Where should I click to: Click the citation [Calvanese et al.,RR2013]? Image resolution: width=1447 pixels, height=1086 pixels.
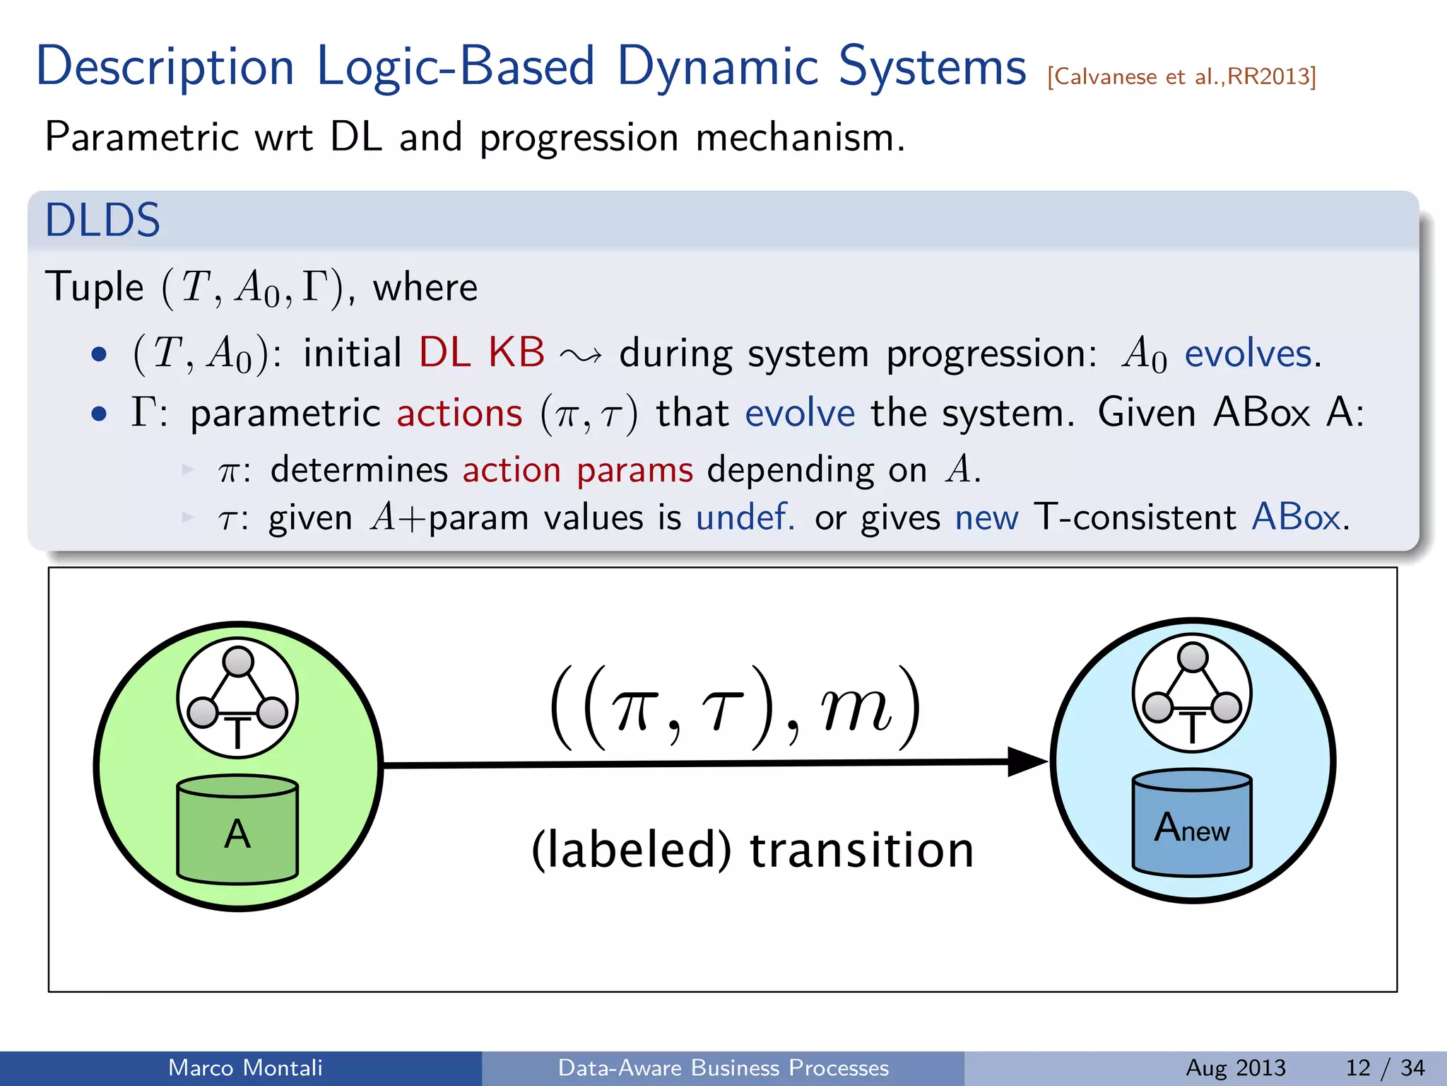tap(1181, 76)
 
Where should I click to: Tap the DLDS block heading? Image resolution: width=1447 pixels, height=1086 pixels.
tap(102, 220)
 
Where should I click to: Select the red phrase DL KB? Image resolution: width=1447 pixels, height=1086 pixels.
tap(482, 352)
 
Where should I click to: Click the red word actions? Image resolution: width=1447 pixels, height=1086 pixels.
tap(459, 413)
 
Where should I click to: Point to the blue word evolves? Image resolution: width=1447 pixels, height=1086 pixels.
tap(1248, 354)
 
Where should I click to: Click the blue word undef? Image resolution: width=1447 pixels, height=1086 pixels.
tap(745, 517)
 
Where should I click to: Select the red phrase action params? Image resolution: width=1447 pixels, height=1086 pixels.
tap(577, 470)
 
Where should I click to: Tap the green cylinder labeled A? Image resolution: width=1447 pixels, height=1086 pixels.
tap(237, 831)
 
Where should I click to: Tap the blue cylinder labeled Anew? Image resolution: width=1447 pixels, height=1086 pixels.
tap(1192, 824)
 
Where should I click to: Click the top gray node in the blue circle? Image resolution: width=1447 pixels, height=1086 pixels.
tap(1193, 658)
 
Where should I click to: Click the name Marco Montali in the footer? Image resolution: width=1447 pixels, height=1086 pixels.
tap(245, 1068)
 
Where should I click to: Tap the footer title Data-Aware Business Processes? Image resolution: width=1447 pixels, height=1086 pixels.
tap(723, 1068)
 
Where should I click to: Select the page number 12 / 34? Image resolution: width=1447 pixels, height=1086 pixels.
tap(1385, 1068)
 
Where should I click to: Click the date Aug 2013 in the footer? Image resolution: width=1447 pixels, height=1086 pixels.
tap(1235, 1068)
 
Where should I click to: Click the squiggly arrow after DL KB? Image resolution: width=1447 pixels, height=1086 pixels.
tap(581, 355)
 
